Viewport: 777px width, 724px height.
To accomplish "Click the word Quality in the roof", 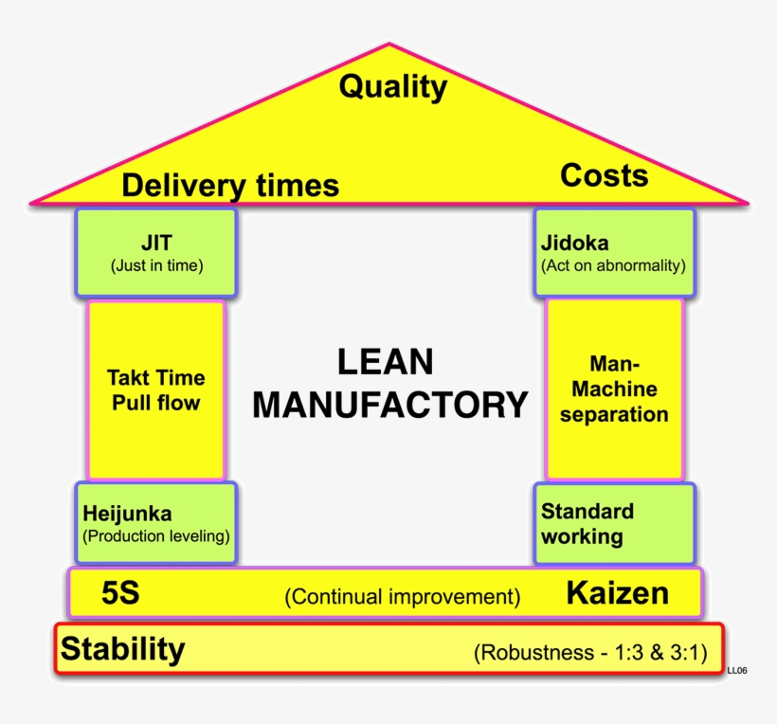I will click(392, 87).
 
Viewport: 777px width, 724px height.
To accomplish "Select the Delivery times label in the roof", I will click(229, 185).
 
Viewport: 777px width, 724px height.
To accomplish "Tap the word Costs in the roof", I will click(604, 175).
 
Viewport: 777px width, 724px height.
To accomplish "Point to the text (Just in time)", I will click(156, 265).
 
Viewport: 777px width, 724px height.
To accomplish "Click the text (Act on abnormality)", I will click(613, 265).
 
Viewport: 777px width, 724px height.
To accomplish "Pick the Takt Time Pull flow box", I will click(156, 389).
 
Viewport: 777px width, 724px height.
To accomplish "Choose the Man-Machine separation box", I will click(614, 389).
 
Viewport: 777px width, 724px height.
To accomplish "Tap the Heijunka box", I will click(156, 524).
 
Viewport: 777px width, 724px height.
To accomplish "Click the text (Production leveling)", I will click(156, 536).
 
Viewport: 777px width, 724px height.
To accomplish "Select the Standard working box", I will click(613, 524).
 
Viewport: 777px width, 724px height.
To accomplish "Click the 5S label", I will click(120, 594).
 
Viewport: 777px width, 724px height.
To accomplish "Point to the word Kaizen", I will click(617, 593).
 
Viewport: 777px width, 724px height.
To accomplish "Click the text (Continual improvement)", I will click(403, 597).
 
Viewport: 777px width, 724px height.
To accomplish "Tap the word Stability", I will click(123, 650).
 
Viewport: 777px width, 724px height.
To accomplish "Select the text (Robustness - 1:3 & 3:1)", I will click(589, 653).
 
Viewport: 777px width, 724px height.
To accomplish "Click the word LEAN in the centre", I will click(385, 362).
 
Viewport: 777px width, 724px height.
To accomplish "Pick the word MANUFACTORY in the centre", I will click(389, 405).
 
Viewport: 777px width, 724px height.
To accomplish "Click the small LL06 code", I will click(737, 671).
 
